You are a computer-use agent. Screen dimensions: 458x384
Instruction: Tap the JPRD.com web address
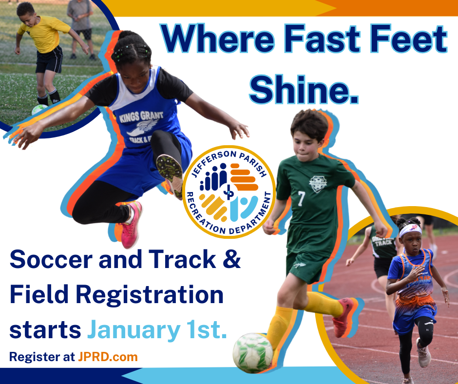click(108, 357)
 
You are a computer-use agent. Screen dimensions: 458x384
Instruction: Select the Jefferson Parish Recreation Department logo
click(229, 192)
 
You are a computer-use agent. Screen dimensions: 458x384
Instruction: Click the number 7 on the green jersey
click(302, 199)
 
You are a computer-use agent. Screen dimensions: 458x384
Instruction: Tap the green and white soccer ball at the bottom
click(253, 353)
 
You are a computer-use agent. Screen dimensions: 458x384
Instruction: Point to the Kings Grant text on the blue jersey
click(141, 116)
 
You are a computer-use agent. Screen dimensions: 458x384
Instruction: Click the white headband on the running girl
click(411, 230)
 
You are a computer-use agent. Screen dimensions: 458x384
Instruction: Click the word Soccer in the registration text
click(51, 259)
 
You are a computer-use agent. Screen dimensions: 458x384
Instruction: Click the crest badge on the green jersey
click(318, 184)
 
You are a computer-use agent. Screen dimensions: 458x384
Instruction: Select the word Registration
click(150, 295)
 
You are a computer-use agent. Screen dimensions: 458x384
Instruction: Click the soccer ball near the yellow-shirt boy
click(39, 110)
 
